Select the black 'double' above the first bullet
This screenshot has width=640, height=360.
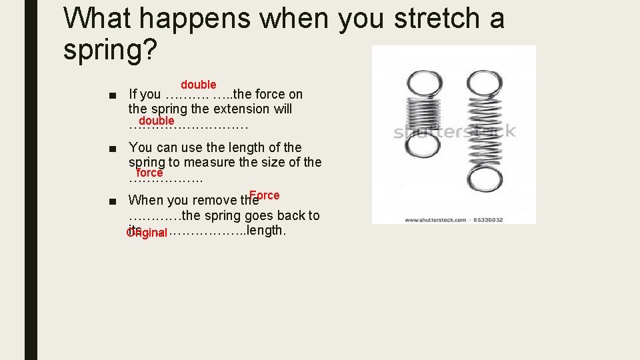pyautogui.click(x=198, y=85)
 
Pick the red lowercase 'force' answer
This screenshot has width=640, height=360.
pyautogui.click(x=149, y=173)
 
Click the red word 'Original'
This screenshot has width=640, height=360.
pyautogui.click(x=146, y=233)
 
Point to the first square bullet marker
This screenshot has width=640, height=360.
pyautogui.click(x=116, y=95)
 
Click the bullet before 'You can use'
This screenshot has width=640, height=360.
pyautogui.click(x=116, y=148)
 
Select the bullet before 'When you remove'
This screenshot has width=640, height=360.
pyautogui.click(x=116, y=200)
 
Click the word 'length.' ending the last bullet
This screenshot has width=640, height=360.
pyautogui.click(x=266, y=231)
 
